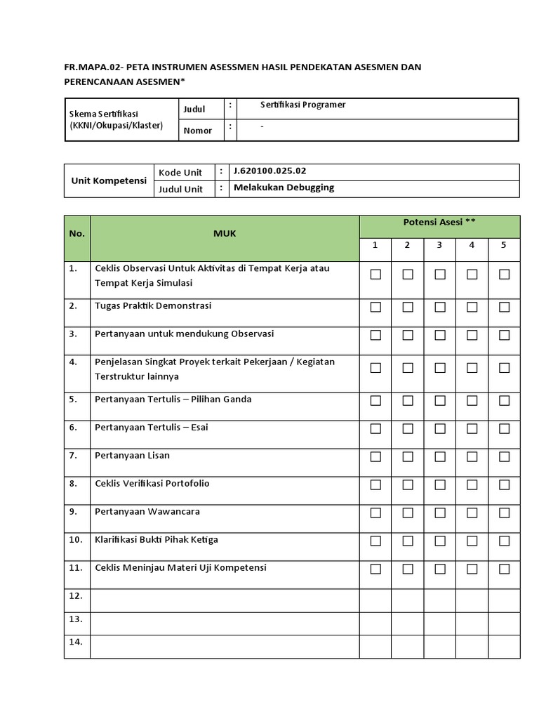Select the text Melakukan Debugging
coord(284,187)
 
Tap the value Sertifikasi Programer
coord(293,105)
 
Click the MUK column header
coord(225,234)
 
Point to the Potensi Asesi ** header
coord(439,222)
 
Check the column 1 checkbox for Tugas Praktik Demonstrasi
coord(375,307)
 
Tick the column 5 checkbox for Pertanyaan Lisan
coord(504,456)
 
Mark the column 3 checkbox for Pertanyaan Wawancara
coord(439,513)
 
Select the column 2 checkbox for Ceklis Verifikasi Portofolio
coord(408,484)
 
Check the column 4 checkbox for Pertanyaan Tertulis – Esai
coord(472,428)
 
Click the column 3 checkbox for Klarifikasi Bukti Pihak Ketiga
coord(439,541)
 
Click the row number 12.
coord(76,595)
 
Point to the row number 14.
coord(76,642)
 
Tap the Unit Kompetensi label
coord(109,180)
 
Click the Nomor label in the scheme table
coord(197,131)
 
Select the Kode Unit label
coord(180,173)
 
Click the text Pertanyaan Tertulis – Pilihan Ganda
coord(173,400)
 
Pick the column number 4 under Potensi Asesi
coord(472,245)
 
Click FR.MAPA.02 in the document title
coord(92,67)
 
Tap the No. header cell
coord(76,234)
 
